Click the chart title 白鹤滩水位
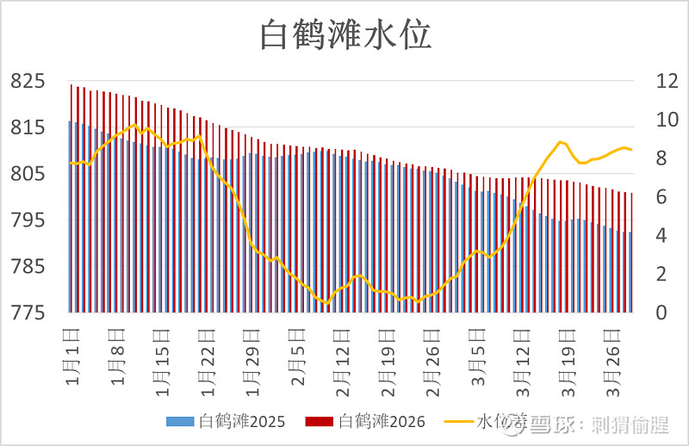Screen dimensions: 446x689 pyautogui.click(x=345, y=36)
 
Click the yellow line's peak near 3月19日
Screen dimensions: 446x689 pyautogui.click(x=560, y=142)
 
